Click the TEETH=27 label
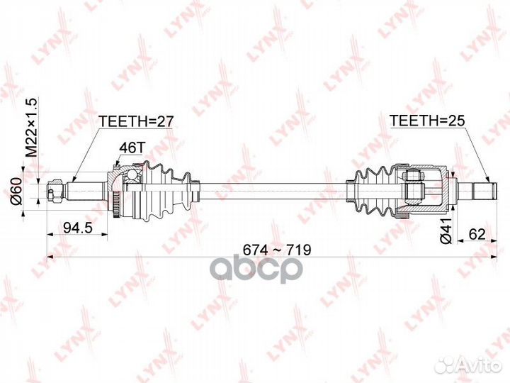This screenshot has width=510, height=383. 137,121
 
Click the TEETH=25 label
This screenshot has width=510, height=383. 423,121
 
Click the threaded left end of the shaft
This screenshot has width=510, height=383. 54,190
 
